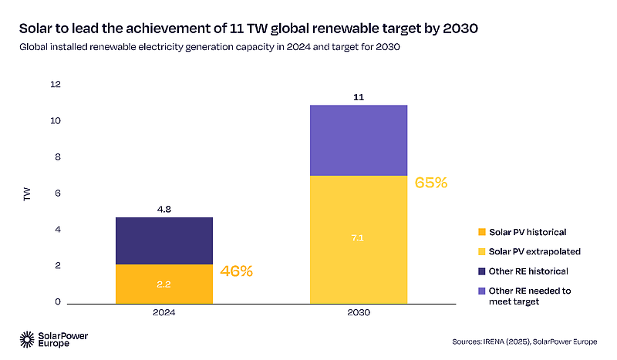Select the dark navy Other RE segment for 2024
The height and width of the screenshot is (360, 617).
click(x=164, y=241)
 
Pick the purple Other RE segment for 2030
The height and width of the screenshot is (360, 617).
click(x=358, y=140)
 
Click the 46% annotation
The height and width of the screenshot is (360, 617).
click(x=237, y=271)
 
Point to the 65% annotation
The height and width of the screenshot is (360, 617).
click(x=431, y=183)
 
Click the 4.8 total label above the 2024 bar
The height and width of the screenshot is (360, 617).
click(x=164, y=208)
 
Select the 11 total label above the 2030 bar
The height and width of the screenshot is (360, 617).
click(x=358, y=96)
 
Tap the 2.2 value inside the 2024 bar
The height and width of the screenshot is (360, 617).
click(x=164, y=284)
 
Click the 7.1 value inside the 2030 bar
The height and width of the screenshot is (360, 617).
click(x=358, y=237)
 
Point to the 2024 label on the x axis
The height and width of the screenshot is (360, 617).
click(x=164, y=314)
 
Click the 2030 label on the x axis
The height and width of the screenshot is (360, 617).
click(x=358, y=314)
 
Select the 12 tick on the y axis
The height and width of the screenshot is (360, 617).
click(x=55, y=85)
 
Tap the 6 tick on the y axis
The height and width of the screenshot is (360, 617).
click(x=57, y=193)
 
